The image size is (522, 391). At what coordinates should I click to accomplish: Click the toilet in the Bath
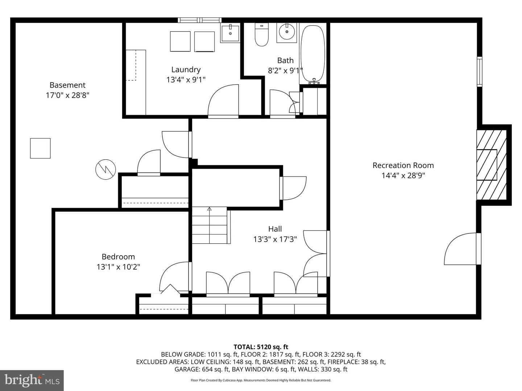tap(261, 35)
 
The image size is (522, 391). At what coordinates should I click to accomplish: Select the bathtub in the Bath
tap(313, 54)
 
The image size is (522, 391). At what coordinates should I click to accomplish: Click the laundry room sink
tap(230, 33)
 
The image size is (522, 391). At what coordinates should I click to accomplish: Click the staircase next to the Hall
tap(210, 225)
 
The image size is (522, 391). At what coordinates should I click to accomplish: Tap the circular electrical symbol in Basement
tap(105, 169)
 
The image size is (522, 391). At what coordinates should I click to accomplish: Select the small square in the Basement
tap(40, 148)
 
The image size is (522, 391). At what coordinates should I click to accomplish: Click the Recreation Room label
tap(403, 165)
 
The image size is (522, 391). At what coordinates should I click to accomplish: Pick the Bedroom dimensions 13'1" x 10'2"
tap(118, 267)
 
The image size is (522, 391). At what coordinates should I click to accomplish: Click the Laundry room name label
tap(186, 70)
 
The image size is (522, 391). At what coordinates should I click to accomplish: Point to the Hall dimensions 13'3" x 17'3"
tap(275, 239)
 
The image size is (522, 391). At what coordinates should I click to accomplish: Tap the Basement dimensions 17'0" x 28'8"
tap(67, 95)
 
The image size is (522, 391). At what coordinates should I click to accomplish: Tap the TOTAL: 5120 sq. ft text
tap(261, 347)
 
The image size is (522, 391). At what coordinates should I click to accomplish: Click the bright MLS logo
tap(32, 380)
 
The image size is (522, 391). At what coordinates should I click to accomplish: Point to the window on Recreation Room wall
tap(479, 71)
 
